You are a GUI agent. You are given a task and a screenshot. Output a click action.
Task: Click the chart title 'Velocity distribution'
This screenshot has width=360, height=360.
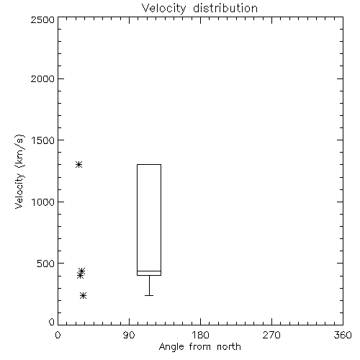199,9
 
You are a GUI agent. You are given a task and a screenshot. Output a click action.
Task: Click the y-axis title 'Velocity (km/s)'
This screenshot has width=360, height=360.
19,171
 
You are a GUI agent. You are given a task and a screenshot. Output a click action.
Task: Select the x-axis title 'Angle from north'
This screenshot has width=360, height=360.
199,347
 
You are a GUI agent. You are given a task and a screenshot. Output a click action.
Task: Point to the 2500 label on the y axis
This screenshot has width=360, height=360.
42,19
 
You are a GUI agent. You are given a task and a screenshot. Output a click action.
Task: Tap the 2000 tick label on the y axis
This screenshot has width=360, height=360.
42,78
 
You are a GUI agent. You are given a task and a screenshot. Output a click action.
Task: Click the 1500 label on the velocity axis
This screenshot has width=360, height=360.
43,140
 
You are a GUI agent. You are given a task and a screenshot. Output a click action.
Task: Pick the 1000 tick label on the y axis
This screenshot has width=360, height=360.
43,202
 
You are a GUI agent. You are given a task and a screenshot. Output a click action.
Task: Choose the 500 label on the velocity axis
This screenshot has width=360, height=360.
46,264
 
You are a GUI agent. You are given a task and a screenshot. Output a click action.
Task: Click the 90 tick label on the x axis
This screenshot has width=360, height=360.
129,335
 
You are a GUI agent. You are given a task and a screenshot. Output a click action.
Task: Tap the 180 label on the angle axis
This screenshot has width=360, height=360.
200,335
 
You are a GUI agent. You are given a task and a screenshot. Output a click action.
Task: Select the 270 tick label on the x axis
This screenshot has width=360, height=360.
271,335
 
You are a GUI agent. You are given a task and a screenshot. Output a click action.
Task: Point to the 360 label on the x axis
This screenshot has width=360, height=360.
343,335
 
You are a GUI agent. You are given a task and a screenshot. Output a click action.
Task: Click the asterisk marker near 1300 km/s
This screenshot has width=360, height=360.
79,165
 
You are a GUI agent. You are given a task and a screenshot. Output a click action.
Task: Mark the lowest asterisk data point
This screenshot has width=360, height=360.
83,296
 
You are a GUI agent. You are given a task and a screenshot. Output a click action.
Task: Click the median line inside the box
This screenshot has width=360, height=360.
149,271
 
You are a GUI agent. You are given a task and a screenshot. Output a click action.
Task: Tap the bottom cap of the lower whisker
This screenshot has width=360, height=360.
149,295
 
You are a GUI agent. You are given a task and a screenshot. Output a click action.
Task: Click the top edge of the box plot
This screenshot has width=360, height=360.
149,164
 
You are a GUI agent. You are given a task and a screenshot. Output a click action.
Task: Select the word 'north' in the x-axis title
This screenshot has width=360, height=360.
229,347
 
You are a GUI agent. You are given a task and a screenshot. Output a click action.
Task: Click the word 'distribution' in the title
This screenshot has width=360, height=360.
225,9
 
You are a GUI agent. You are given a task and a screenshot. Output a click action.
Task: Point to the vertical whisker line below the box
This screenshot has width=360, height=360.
149,285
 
